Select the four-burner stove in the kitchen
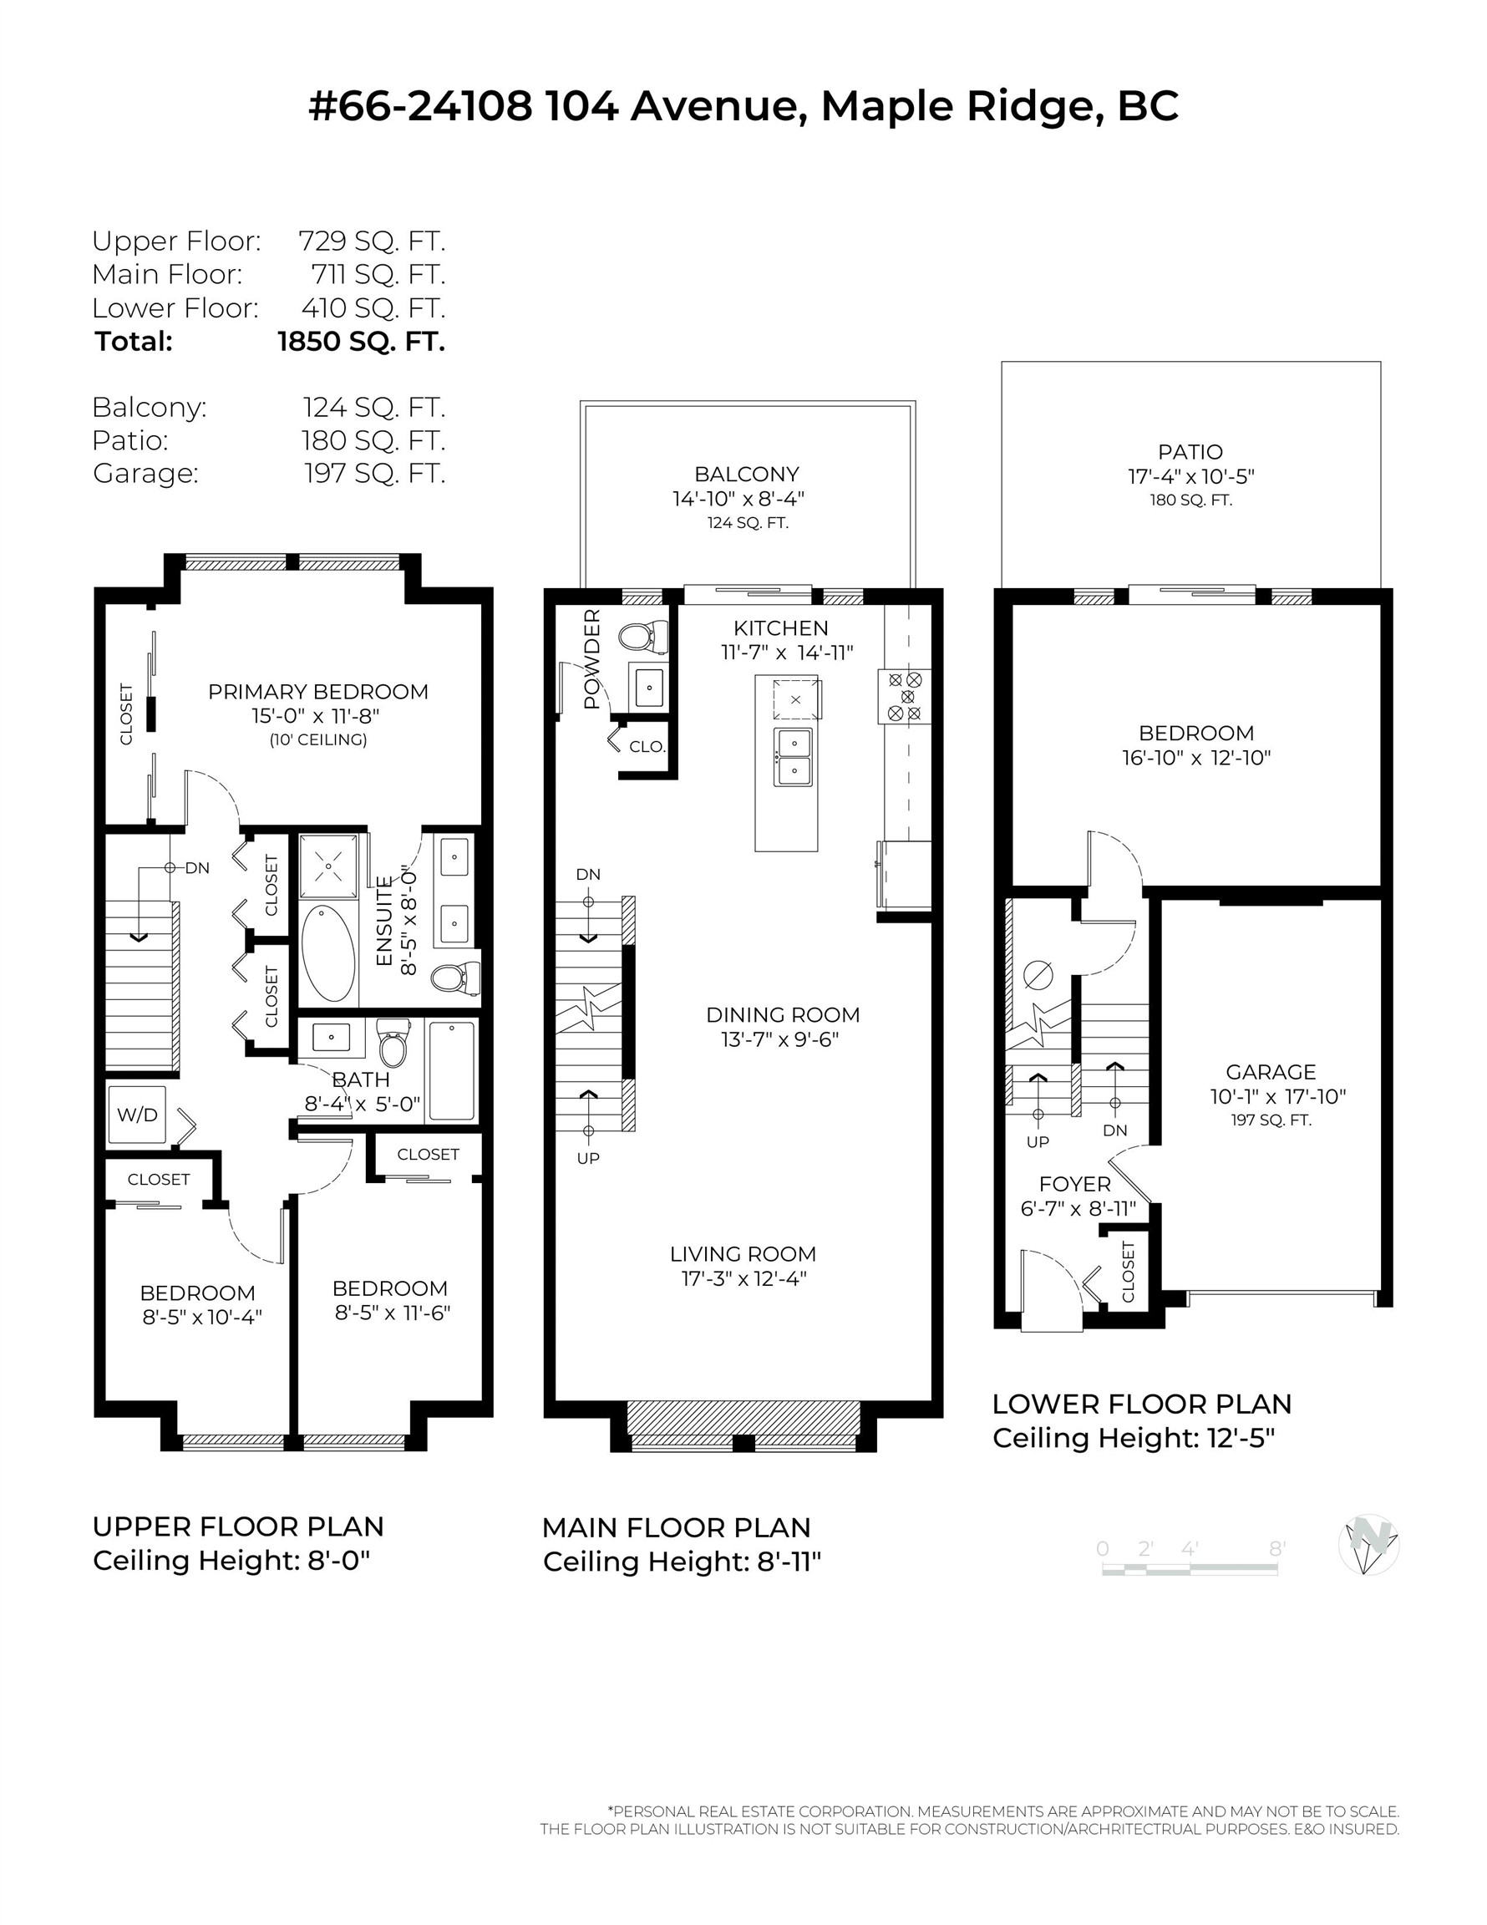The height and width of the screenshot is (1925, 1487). point(905,696)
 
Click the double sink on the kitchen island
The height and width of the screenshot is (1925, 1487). point(794,757)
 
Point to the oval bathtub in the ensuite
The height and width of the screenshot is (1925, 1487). point(328,952)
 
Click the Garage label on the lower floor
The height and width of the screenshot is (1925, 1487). point(1270,1072)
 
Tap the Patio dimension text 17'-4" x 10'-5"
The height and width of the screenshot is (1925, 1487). point(1190,477)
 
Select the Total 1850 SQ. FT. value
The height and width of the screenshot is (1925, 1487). point(362,341)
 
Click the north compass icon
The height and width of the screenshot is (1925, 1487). point(1368,1544)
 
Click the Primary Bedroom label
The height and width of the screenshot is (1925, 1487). point(318,692)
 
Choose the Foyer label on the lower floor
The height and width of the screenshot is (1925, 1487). point(1074,1184)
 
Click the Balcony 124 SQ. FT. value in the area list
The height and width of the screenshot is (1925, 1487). point(374,407)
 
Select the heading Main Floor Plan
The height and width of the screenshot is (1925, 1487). point(676,1527)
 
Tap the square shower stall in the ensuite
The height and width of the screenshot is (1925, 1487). point(329,866)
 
